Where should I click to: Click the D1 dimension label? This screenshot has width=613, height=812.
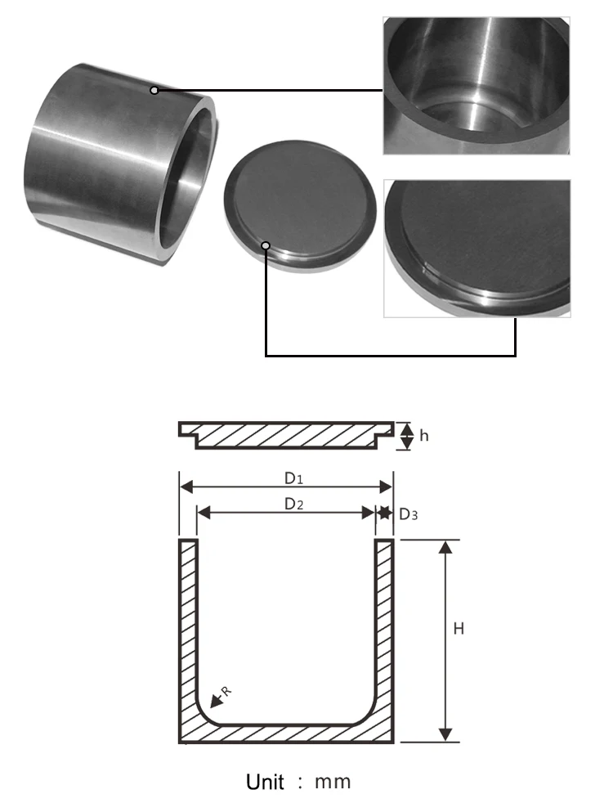click(x=293, y=478)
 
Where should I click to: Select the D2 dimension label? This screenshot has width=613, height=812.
click(x=293, y=504)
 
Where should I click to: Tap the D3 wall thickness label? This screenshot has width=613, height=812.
click(x=408, y=514)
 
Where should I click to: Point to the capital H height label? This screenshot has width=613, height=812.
click(x=459, y=629)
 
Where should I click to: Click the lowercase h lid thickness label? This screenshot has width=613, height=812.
click(x=424, y=436)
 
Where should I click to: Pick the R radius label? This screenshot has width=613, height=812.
click(x=226, y=691)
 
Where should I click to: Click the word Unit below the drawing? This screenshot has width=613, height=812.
click(x=265, y=782)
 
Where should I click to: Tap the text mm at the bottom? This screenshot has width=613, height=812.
click(x=333, y=783)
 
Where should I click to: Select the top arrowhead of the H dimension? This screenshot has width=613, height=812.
click(x=445, y=546)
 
